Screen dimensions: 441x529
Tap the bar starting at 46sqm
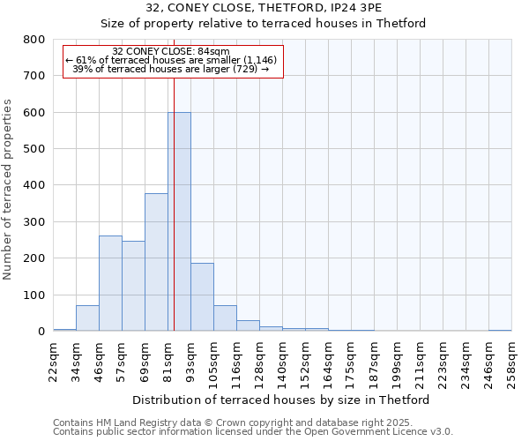click(110, 283)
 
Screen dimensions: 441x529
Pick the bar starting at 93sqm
click(202, 296)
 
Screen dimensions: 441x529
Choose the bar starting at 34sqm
click(87, 318)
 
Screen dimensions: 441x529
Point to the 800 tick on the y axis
click(33, 40)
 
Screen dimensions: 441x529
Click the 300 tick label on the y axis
click(33, 222)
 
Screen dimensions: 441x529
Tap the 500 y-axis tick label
click(33, 149)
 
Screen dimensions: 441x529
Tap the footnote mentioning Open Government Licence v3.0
click(253, 431)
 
